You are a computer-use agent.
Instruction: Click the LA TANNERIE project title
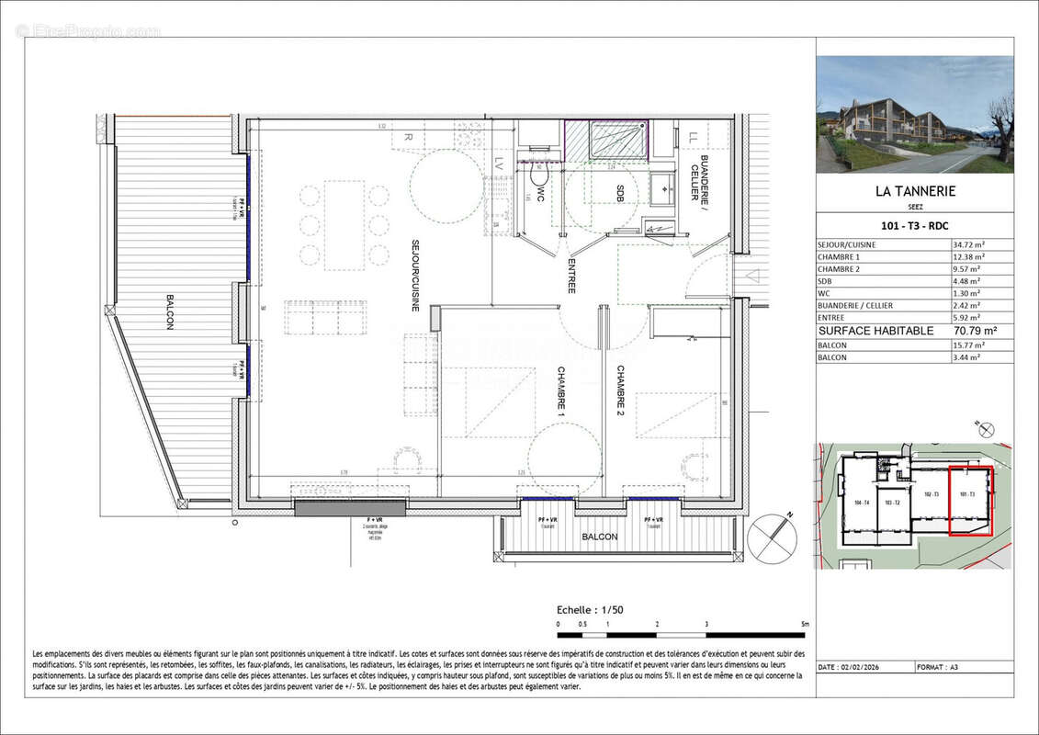click(x=915, y=192)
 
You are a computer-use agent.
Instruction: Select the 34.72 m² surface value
click(x=970, y=245)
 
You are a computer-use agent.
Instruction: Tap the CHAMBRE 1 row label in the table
click(x=840, y=257)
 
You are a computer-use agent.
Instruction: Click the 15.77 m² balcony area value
click(x=970, y=345)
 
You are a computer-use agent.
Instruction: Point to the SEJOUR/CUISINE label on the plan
click(x=415, y=275)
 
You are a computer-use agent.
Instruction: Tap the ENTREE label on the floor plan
click(x=570, y=275)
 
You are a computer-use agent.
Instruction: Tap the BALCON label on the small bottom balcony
click(x=599, y=537)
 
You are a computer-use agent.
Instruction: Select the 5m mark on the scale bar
click(x=805, y=625)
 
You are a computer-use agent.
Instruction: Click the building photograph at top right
click(x=915, y=114)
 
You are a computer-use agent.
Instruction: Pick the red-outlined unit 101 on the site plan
click(x=970, y=500)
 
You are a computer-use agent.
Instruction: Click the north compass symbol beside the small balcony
click(x=772, y=538)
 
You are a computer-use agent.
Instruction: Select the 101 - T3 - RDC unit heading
click(x=915, y=226)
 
